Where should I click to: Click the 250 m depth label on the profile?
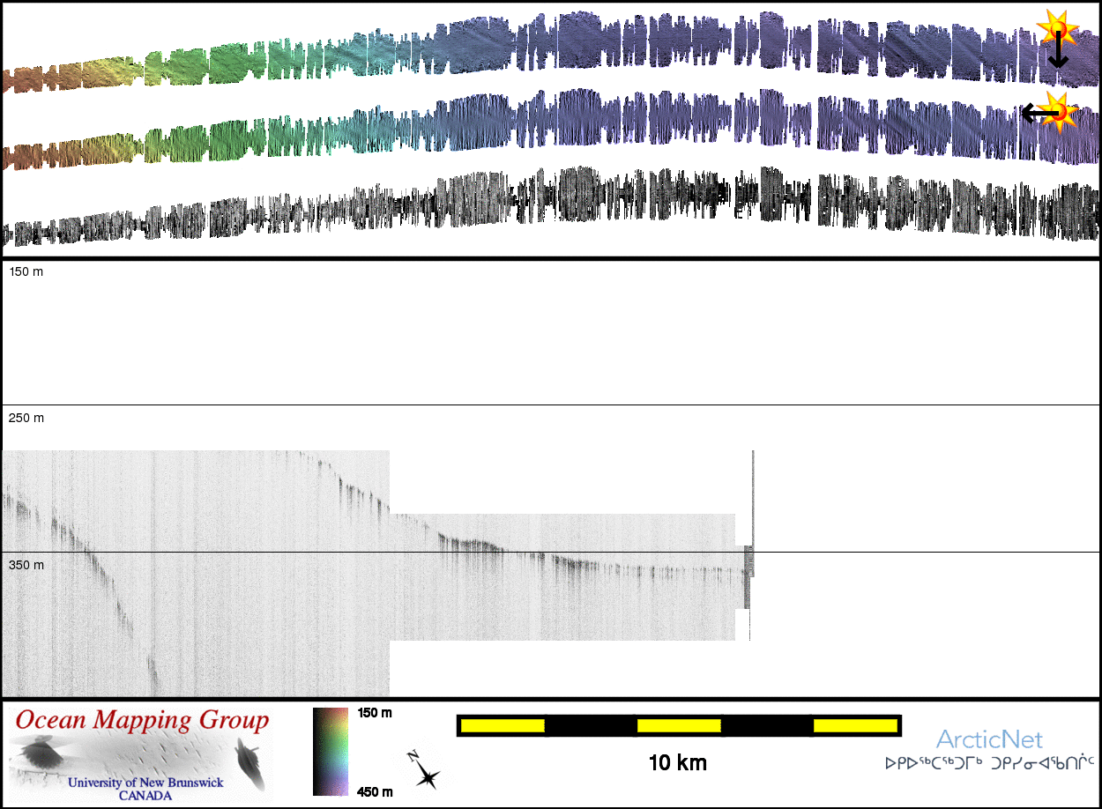coord(26,418)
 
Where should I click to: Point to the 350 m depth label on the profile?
coord(26,565)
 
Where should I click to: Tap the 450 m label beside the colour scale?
coord(375,791)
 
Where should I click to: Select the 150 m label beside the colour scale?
coord(375,712)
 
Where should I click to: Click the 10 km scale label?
coord(677,762)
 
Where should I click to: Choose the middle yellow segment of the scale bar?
coord(679,725)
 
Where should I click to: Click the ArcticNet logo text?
coord(989,739)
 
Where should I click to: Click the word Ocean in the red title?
coord(50,721)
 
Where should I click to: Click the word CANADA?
coord(145,795)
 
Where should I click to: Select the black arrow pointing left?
coord(1038,113)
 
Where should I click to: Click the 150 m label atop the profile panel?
coord(26,271)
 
